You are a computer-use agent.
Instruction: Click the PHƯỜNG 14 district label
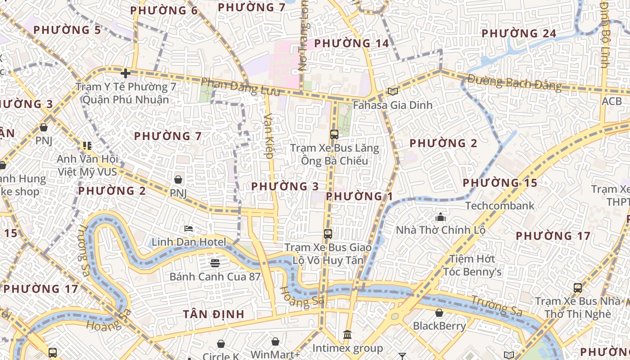pos(351,44)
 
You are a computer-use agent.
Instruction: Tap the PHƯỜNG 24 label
pos(519,34)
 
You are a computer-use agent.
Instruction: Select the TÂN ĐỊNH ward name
pos(214,314)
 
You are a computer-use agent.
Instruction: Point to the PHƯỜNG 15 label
pos(500,183)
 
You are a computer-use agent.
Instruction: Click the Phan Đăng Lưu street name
pos(240,87)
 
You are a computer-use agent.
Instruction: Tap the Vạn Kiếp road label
pos(269,135)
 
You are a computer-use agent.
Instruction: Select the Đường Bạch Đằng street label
pos(515,83)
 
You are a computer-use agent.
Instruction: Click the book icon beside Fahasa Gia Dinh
pos(393,92)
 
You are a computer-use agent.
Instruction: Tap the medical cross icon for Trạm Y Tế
pos(126,73)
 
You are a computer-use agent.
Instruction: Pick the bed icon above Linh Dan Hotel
pos(189,229)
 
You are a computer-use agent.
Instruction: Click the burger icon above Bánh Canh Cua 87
pos(215,263)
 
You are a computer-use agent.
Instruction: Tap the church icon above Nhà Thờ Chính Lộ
pos(440,217)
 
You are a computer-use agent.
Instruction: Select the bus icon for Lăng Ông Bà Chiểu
pos(334,134)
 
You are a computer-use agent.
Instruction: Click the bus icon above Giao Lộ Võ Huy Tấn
pos(328,234)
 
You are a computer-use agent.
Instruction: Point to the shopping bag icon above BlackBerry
pos(439,313)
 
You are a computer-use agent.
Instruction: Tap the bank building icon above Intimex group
pos(347,335)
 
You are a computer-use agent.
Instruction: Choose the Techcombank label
pos(499,206)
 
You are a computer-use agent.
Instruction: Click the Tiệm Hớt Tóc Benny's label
pos(472,265)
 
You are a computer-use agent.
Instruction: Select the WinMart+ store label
pos(275,354)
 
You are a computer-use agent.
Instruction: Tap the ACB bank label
pos(612,102)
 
